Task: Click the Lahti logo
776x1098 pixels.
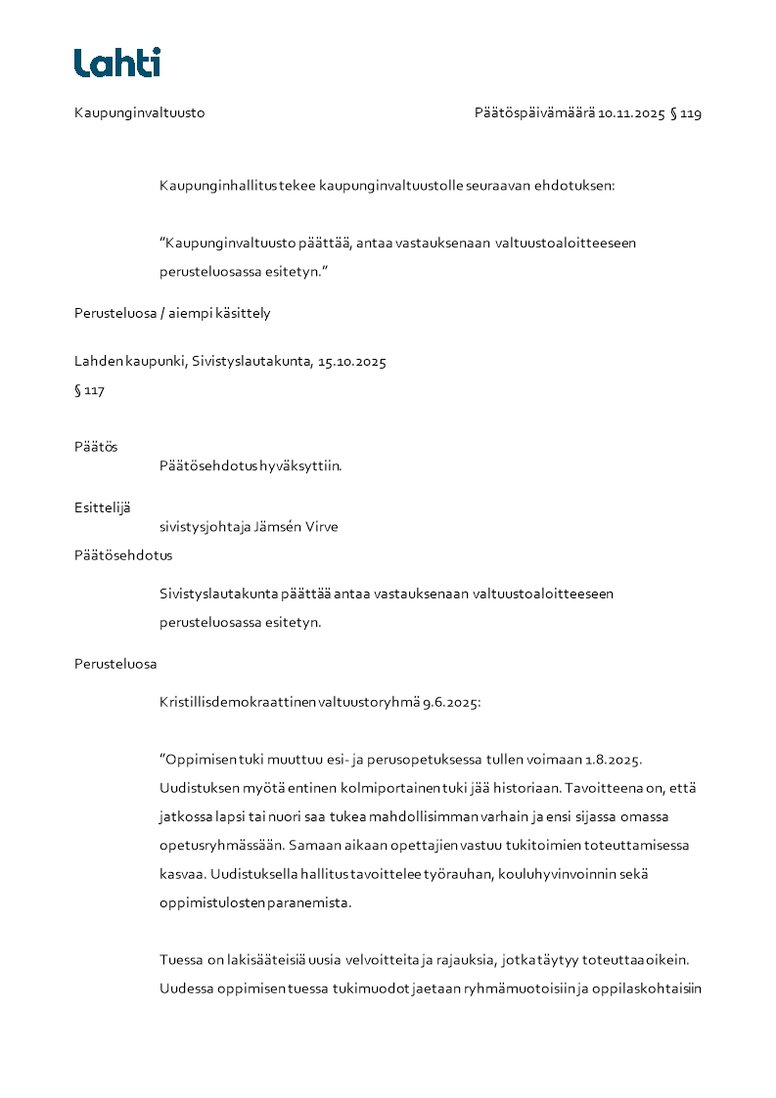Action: pos(117,63)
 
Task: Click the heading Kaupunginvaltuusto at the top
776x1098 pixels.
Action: pos(139,113)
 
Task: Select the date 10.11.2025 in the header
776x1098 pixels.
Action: pos(631,113)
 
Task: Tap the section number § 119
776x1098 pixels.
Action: pos(685,113)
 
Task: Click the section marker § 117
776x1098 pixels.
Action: pos(89,391)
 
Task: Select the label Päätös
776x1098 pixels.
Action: pos(96,447)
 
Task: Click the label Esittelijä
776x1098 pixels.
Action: pos(103,507)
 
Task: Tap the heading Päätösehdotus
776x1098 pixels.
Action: pos(123,555)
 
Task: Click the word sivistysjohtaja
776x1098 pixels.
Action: pos(205,527)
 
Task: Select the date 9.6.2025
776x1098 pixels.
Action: pos(452,702)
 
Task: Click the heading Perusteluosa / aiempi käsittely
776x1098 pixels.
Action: pos(172,314)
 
